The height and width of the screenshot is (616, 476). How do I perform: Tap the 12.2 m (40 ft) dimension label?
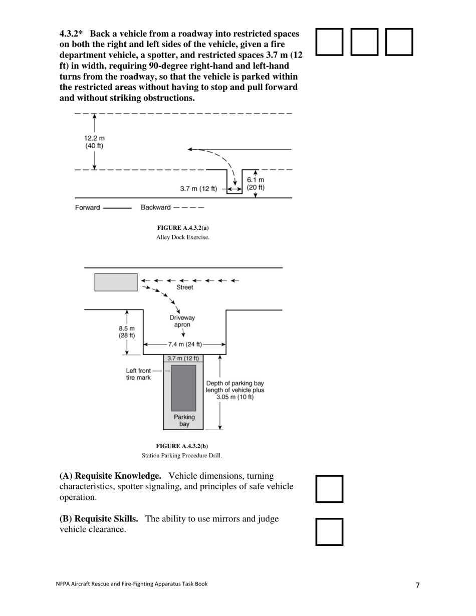[94, 142]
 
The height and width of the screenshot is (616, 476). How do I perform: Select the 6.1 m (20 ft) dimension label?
[256, 184]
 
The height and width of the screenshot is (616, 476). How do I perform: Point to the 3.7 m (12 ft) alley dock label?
[198, 189]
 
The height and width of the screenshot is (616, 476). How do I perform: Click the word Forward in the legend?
[87, 207]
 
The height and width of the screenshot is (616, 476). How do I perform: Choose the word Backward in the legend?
[155, 207]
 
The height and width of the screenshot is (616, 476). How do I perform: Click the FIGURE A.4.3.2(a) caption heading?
[183, 228]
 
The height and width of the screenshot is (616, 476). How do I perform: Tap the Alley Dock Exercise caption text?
[183, 237]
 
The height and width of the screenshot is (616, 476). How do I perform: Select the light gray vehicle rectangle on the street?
[116, 282]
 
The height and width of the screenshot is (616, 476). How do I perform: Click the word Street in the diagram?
[184, 287]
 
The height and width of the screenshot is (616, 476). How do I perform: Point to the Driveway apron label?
[182, 321]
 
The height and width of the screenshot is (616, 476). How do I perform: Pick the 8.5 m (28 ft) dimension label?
[126, 332]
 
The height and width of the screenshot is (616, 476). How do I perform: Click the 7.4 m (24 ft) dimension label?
[185, 345]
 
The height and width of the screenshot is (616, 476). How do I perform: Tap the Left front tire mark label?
[138, 374]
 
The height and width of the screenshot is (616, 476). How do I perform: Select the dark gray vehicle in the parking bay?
[183, 388]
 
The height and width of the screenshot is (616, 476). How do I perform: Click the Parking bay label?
[184, 421]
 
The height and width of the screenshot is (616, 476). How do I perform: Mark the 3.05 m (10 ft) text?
[235, 397]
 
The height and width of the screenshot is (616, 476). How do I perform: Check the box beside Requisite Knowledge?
[329, 489]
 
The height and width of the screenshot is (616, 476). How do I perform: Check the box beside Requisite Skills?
[329, 531]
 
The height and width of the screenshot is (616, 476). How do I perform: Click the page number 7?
[418, 585]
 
